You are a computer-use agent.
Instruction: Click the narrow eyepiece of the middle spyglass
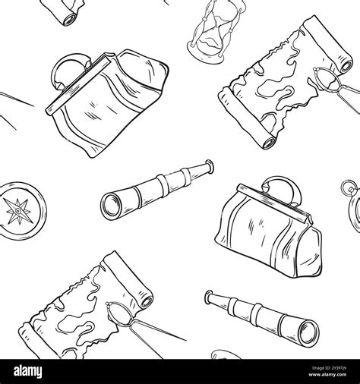(x=207, y=165)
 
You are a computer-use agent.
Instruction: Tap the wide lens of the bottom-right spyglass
(x=308, y=329)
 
